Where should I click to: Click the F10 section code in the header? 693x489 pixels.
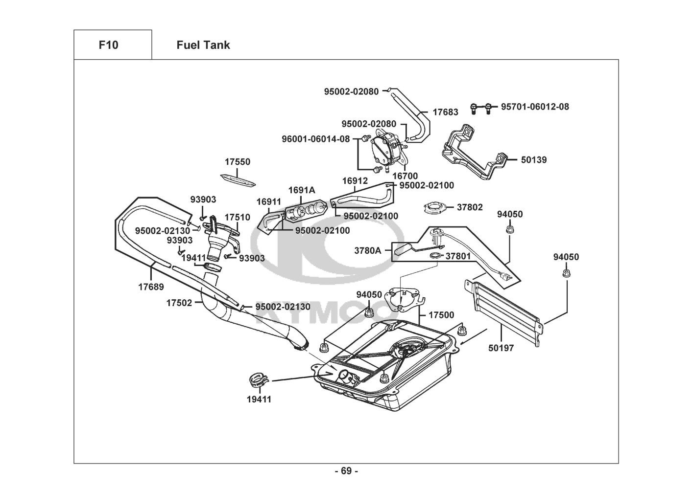tap(108, 45)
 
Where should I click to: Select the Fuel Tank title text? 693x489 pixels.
tap(203, 45)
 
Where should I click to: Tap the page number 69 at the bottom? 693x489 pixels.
tap(346, 471)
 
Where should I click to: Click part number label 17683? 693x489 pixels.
tap(445, 112)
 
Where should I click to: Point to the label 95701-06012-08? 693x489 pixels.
tap(535, 106)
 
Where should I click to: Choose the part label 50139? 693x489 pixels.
tap(534, 159)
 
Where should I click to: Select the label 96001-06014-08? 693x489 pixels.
tap(316, 139)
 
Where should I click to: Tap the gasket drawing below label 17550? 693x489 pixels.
tap(238, 180)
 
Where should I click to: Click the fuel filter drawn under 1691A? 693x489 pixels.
tap(305, 211)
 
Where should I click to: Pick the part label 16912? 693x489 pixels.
tap(355, 181)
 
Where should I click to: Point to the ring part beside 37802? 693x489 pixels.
tap(435, 208)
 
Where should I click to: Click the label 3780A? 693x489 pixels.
tap(367, 250)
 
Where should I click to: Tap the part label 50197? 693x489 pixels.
tap(501, 348)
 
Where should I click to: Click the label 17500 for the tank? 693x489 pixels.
tap(441, 315)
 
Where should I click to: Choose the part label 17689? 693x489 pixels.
tap(150, 287)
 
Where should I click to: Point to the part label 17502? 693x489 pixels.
tap(179, 303)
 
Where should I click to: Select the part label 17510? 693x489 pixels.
tap(238, 217)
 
